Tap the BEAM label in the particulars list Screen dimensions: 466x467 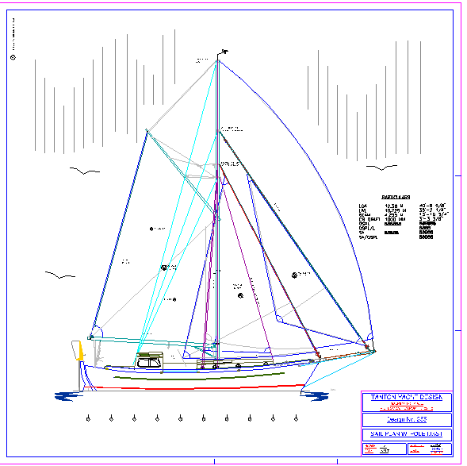(x=365, y=214)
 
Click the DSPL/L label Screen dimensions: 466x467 (x=367, y=228)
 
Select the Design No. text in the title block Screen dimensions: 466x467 (x=407, y=419)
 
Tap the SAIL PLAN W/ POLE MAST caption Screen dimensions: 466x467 (x=407, y=434)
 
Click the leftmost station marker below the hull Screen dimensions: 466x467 (x=89, y=418)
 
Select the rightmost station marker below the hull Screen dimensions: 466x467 (x=296, y=418)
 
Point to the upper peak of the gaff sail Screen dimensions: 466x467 (x=147, y=129)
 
